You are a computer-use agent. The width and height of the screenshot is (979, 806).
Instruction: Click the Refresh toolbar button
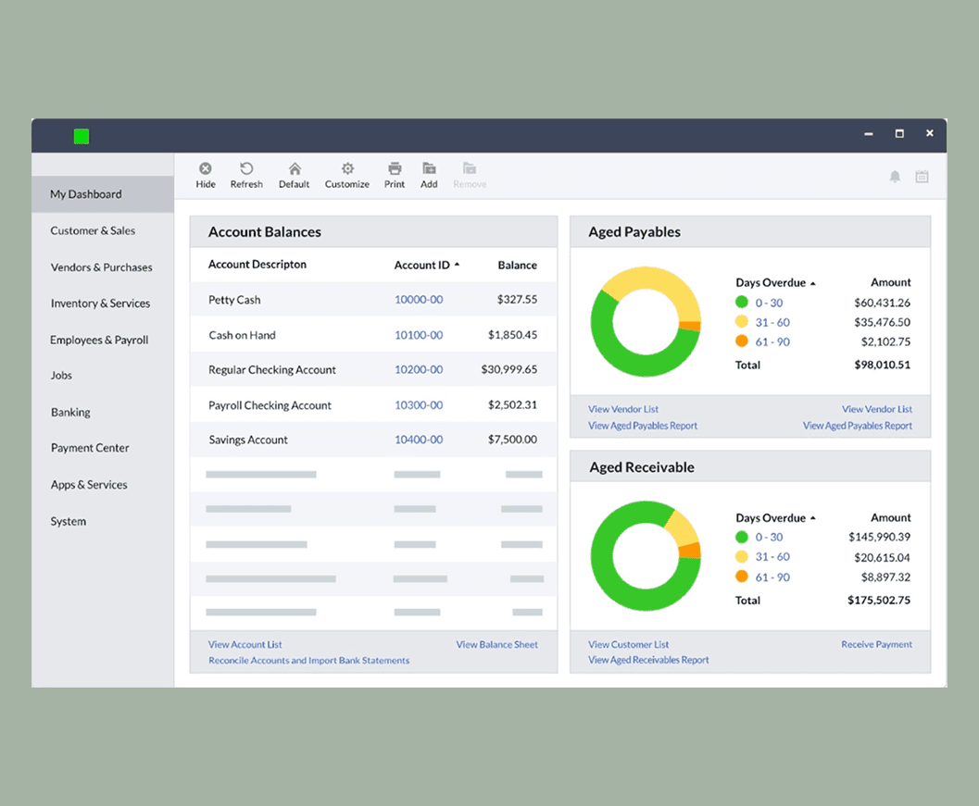tap(246, 175)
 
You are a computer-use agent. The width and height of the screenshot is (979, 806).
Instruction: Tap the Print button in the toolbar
tap(395, 175)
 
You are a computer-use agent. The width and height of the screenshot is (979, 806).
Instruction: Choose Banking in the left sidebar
tap(70, 412)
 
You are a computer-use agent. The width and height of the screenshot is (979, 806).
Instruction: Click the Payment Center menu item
tap(90, 448)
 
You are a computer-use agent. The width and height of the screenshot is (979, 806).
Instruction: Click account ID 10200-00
tap(419, 369)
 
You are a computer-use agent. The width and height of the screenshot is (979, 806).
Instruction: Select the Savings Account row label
tap(248, 440)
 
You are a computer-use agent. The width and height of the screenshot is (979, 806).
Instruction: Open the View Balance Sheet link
tap(496, 644)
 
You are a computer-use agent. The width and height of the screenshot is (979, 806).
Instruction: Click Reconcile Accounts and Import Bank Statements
tap(308, 661)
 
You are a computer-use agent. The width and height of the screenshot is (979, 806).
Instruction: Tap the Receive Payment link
tap(876, 644)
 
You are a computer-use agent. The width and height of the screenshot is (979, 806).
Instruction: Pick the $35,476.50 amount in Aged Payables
tap(882, 322)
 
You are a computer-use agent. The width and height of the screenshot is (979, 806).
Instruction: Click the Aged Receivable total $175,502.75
tap(878, 600)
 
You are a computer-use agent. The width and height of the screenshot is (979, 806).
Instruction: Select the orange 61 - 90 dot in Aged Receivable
tap(741, 577)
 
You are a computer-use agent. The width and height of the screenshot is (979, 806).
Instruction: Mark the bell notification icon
tap(895, 177)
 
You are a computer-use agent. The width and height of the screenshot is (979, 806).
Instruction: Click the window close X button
tap(929, 133)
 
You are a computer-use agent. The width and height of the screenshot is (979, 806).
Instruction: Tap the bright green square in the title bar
tap(82, 137)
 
